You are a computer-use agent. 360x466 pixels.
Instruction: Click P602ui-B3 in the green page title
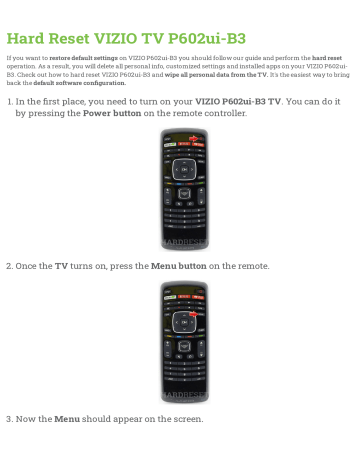click(200, 40)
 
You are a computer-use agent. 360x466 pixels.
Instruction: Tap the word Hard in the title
click(27, 40)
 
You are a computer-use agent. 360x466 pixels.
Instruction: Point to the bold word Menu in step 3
click(67, 418)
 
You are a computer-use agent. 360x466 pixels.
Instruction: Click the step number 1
click(9, 101)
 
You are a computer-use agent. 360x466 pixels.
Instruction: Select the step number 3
click(9, 418)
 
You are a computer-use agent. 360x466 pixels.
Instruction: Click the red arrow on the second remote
click(193, 315)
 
